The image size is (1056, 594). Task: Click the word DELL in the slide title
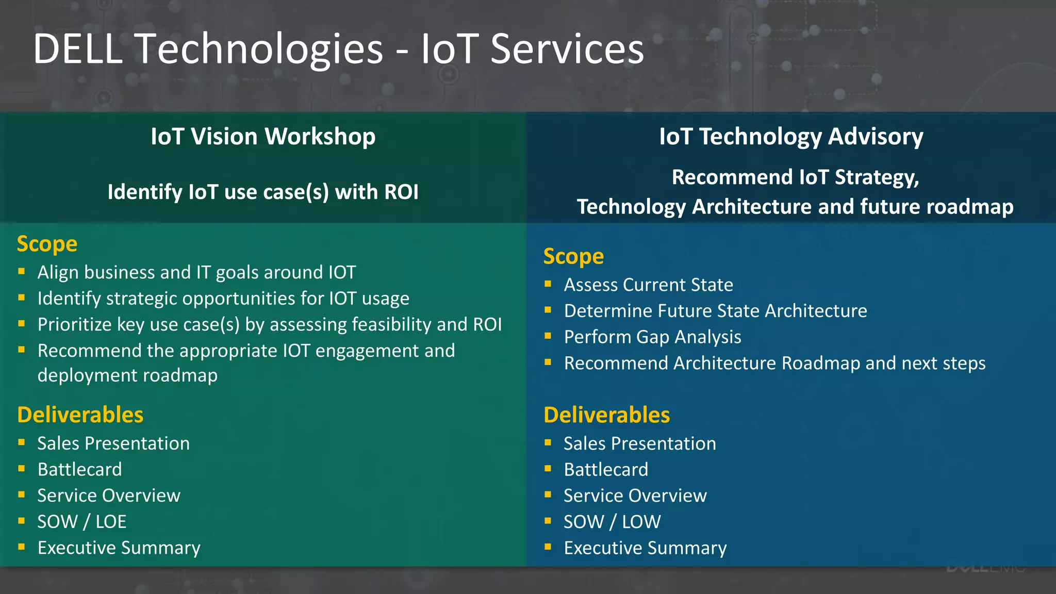pyautogui.click(x=77, y=49)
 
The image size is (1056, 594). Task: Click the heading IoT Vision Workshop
pyautogui.click(x=263, y=137)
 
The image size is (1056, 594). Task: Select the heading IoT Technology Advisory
pyautogui.click(x=791, y=137)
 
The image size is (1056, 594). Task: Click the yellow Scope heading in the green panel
pyautogui.click(x=47, y=244)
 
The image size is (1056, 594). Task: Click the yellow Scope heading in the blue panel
pyautogui.click(x=573, y=256)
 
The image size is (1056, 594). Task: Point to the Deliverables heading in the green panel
pyautogui.click(x=80, y=415)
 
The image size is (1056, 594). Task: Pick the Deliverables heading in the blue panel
pyautogui.click(x=606, y=415)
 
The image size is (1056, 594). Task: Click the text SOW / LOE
pyautogui.click(x=81, y=521)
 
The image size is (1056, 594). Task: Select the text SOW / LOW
pyautogui.click(x=612, y=521)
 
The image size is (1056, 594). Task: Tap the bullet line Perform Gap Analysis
pyautogui.click(x=652, y=337)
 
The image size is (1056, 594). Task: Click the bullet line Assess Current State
pyautogui.click(x=648, y=285)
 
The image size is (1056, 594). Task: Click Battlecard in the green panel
pyautogui.click(x=79, y=469)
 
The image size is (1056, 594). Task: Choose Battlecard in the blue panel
pyautogui.click(x=606, y=469)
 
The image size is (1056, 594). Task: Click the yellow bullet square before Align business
pyautogui.click(x=22, y=271)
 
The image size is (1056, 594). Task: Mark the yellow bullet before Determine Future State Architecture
pyautogui.click(x=548, y=310)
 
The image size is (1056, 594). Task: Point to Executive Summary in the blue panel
pyautogui.click(x=645, y=548)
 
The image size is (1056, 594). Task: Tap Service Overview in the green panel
pyautogui.click(x=109, y=496)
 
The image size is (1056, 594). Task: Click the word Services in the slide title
pyautogui.click(x=567, y=49)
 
